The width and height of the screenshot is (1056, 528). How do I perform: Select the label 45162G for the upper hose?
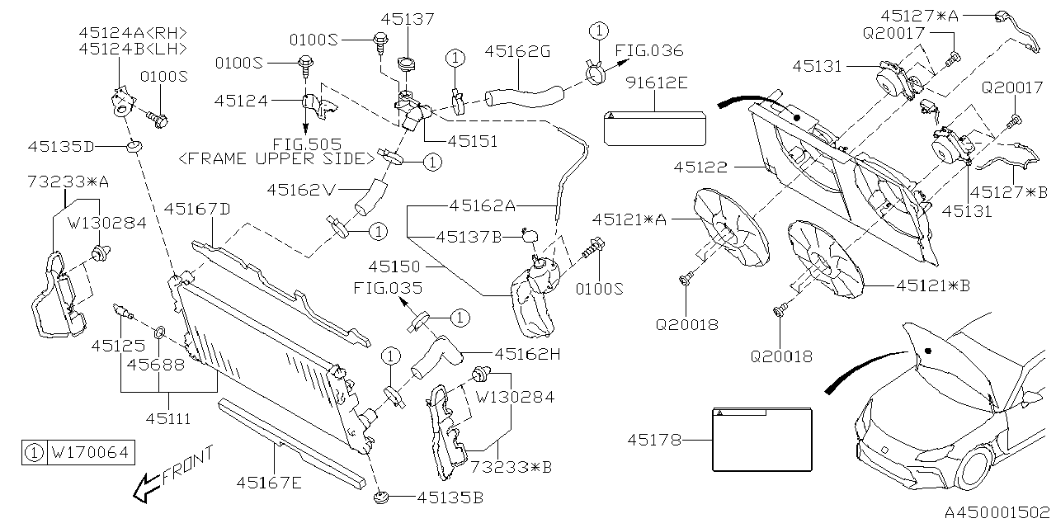pos(517,51)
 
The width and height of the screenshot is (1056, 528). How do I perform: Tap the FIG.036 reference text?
pos(649,51)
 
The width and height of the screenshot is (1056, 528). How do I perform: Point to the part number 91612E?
pos(655,82)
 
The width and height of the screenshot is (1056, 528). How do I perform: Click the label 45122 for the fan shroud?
pos(700,167)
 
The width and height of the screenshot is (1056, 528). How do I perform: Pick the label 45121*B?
pos(933,285)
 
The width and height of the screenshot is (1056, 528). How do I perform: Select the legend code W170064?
pos(90,452)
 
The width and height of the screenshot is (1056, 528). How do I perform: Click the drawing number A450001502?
pos(997,512)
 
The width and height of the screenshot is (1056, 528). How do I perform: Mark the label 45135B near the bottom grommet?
pos(450,497)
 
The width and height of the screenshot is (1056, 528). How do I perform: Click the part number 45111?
pos(169,419)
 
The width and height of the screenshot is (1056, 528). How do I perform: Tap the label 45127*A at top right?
pos(919,15)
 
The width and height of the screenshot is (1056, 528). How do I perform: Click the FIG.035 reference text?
pos(388,288)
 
